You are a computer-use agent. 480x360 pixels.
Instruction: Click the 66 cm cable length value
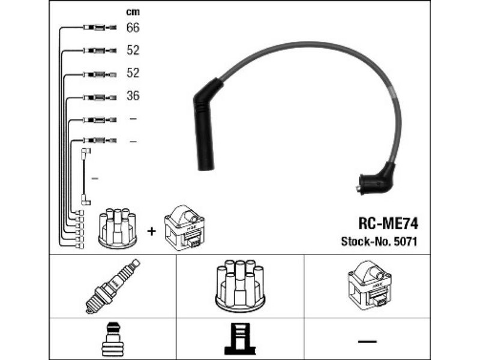click(x=133, y=28)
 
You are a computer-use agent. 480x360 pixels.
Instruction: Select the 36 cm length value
click(x=133, y=96)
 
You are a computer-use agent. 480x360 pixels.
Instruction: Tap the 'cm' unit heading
click(x=133, y=12)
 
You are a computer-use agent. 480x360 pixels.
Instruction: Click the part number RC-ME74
click(x=388, y=223)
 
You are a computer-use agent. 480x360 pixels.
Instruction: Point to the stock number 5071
click(x=406, y=242)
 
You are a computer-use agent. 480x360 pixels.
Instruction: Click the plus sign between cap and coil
click(x=151, y=231)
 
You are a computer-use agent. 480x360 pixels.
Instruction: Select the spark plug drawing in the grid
click(x=112, y=286)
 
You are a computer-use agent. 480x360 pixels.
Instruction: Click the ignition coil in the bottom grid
click(x=370, y=286)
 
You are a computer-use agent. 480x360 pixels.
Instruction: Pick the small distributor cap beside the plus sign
click(x=118, y=228)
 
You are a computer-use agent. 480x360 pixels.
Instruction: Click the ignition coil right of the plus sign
click(x=184, y=227)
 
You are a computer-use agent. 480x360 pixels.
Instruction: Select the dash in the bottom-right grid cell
click(x=367, y=341)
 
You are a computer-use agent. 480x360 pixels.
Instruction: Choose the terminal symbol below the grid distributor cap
click(x=239, y=339)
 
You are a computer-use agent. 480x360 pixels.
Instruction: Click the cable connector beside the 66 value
click(x=100, y=28)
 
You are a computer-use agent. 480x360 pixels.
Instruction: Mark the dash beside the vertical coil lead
click(x=95, y=178)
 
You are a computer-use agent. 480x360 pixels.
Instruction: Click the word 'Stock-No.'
click(x=365, y=242)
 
